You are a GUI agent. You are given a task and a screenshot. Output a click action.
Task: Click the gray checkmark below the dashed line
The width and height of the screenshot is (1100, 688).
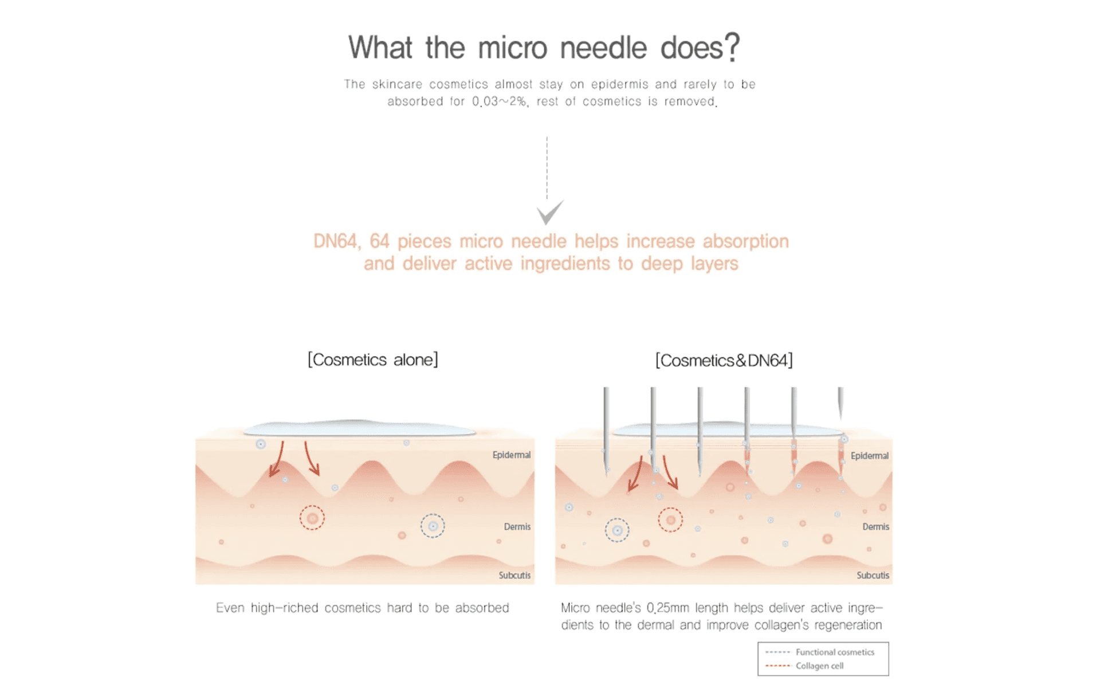coord(549,213)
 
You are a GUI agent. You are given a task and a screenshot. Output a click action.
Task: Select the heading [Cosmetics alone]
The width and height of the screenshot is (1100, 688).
coord(373,360)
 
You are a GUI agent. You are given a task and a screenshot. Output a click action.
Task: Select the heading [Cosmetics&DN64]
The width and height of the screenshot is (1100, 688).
coord(724,361)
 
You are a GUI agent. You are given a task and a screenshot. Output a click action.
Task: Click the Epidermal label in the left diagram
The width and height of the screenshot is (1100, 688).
coord(511,455)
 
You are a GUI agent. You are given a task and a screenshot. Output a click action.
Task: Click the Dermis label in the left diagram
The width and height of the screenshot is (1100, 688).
coord(517,527)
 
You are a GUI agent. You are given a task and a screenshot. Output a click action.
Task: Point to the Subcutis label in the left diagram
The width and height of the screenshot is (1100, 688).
coord(514,575)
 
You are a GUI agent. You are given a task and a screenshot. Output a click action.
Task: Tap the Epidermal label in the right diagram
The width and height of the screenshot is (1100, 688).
coord(869,456)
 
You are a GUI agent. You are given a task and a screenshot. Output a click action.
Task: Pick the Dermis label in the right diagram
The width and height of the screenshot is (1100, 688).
coord(875,527)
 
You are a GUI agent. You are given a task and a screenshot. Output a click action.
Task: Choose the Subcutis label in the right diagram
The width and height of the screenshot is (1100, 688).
coord(873,575)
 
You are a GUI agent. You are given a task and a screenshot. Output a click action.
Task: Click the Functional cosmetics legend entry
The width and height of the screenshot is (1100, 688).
coord(834,652)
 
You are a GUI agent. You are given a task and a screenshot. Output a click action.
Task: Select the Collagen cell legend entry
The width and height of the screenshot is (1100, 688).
coord(819,666)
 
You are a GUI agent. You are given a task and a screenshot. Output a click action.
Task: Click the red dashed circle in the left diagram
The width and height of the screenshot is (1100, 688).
coord(312,518)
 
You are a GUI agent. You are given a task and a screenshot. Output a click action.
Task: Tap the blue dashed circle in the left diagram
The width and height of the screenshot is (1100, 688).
coord(433,526)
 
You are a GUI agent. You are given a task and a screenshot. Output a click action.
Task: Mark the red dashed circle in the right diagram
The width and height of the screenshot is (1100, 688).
coord(670,520)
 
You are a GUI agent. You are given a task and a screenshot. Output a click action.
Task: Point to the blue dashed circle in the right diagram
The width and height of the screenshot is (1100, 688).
coord(617,530)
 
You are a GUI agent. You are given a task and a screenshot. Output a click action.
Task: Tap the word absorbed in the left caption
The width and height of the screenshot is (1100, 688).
coord(482,608)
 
